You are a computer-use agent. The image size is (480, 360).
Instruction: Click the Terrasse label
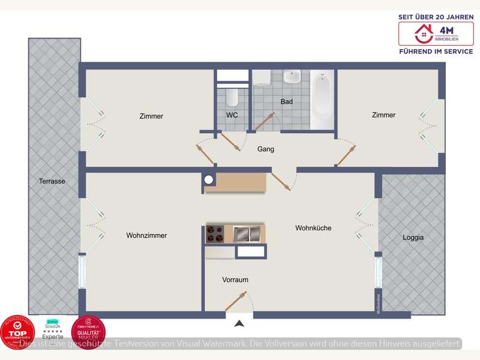pos(52,181)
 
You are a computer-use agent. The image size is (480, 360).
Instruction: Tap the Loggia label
pos(413,238)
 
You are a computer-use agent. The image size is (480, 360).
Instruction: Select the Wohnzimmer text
pos(146,236)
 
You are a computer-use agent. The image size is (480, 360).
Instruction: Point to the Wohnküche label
pos(313,228)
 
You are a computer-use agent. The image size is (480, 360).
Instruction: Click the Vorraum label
pos(235,280)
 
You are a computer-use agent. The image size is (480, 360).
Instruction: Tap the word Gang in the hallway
pos(266,149)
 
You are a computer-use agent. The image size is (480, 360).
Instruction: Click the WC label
pos(232,115)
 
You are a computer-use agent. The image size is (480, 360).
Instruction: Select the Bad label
pos(287,102)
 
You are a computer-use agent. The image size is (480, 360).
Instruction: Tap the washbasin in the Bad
pos(292,77)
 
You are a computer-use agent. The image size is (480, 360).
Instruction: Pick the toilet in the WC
pos(233,97)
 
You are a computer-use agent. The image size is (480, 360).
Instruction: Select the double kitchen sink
pos(247,233)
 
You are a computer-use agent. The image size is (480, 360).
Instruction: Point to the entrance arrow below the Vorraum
pos(239,324)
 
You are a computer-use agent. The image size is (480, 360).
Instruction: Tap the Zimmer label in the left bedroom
pos(151,116)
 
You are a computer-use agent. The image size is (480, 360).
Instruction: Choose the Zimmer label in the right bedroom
pos(383,115)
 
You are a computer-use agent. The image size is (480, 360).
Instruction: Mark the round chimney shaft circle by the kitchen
pos(209,179)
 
